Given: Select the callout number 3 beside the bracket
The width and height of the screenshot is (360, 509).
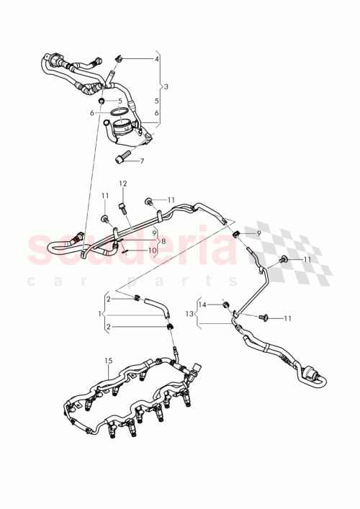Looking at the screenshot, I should pyautogui.click(x=166, y=86).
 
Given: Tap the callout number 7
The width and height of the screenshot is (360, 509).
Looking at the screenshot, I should pyautogui.click(x=142, y=161).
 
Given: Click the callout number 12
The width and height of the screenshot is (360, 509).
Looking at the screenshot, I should pyautogui.click(x=122, y=183).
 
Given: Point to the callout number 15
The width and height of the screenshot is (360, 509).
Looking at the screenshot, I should pyautogui.click(x=109, y=360).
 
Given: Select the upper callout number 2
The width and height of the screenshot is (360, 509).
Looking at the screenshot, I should pyautogui.click(x=108, y=299).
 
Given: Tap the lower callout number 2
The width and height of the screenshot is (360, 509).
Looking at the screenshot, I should pyautogui.click(x=108, y=328).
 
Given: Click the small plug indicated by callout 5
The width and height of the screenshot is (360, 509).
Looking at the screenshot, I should pyautogui.click(x=103, y=101).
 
